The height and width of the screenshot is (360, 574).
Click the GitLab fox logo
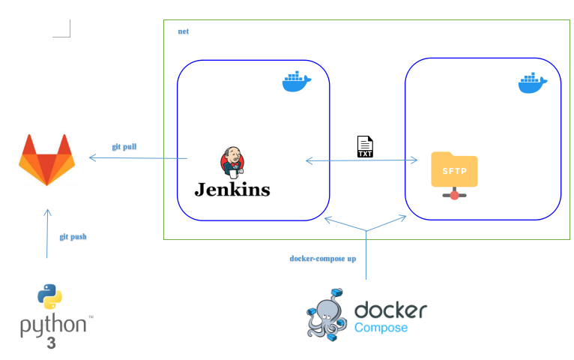tap(46, 159)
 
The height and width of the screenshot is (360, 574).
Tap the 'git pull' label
tap(124, 146)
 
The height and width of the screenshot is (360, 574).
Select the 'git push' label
tap(73, 237)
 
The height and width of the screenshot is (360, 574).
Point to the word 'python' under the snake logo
tap(52, 326)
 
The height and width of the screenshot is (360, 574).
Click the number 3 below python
tap(51, 343)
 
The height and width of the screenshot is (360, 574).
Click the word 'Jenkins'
tap(232, 189)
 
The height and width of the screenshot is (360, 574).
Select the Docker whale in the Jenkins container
tap(297, 81)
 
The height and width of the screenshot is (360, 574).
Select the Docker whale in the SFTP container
tap(533, 82)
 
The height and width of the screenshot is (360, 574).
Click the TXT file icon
tap(365, 146)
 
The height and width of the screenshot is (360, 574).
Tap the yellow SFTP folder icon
tap(454, 169)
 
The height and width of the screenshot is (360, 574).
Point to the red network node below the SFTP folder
tap(454, 195)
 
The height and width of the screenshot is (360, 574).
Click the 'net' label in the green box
tap(183, 31)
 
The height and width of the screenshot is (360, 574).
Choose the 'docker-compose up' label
tap(322, 259)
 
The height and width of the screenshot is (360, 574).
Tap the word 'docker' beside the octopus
tap(390, 309)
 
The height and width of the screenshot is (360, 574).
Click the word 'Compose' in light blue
tap(381, 328)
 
